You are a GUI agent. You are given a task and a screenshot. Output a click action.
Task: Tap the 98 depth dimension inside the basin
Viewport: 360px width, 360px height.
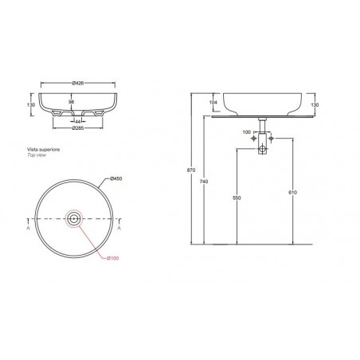pyautogui.click(x=72, y=103)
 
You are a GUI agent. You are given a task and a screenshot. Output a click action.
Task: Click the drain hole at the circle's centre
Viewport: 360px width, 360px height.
pyautogui.click(x=73, y=217)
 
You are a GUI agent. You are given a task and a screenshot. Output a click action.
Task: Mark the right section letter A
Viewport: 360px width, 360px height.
pyautogui.click(x=119, y=228)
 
